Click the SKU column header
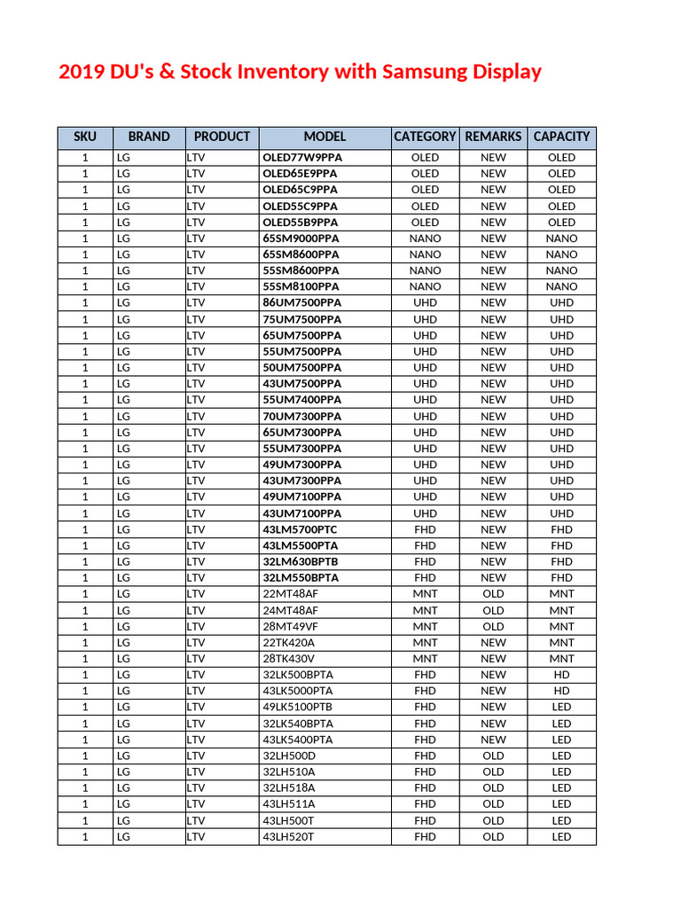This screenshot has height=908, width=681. pos(85,137)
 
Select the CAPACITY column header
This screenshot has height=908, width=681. pos(561,137)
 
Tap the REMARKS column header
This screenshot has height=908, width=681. pos(493,137)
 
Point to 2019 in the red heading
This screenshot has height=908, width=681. pos(82,72)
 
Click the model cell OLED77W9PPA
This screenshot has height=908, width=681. pos(302,158)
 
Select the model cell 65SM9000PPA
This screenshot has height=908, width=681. pos(301,239)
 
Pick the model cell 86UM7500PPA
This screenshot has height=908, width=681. pos(301,303)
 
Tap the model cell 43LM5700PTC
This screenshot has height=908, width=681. pos(301,529)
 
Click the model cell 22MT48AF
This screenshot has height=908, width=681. pos(290,594)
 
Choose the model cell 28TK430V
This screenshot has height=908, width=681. pos(289,659)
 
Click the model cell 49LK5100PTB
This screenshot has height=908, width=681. pos(299,707)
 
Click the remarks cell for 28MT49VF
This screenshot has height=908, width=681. pos(493,626)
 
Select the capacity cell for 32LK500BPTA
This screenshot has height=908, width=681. pos(561,675)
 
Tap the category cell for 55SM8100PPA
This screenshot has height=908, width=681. pos(425,286)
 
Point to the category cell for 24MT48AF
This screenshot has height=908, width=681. pos(425,610)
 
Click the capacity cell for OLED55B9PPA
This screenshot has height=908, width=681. pos(561,223)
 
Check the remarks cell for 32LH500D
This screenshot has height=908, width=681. pos(493,755)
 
